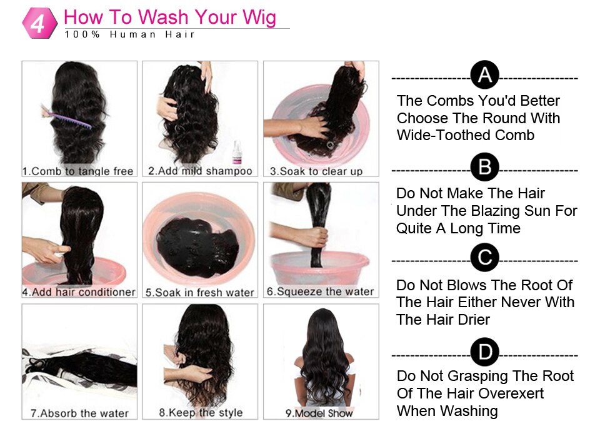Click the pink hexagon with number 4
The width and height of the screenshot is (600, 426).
(x=38, y=23)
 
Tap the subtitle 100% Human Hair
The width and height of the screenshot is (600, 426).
(x=130, y=34)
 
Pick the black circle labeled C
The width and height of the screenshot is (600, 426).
(x=484, y=258)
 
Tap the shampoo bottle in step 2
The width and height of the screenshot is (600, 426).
(x=237, y=152)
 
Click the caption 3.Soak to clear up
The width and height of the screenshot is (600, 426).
(x=316, y=171)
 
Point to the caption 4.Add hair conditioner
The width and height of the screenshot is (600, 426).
(x=79, y=292)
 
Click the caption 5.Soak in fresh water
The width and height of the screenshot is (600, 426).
(x=200, y=292)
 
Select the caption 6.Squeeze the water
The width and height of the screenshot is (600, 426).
(x=320, y=292)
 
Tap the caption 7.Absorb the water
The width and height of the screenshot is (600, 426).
(x=79, y=413)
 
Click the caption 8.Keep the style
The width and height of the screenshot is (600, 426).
(x=200, y=413)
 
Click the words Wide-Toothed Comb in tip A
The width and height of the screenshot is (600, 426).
(x=466, y=135)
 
